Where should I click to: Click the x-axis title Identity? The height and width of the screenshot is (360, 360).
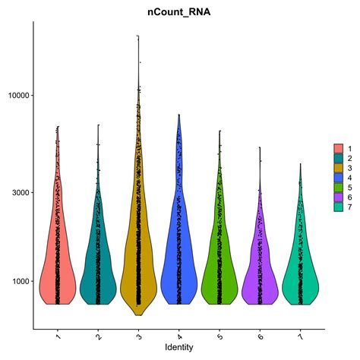pyautogui.click(x=179, y=347)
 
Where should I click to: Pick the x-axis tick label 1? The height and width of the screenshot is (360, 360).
pyautogui.click(x=58, y=335)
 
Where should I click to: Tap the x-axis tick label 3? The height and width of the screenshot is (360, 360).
pyautogui.click(x=139, y=335)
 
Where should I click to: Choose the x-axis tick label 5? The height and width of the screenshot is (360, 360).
pyautogui.click(x=219, y=335)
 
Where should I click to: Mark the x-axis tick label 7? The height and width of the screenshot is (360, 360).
pyautogui.click(x=300, y=335)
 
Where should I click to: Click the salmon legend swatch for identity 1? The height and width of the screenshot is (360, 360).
pyautogui.click(x=338, y=147)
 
